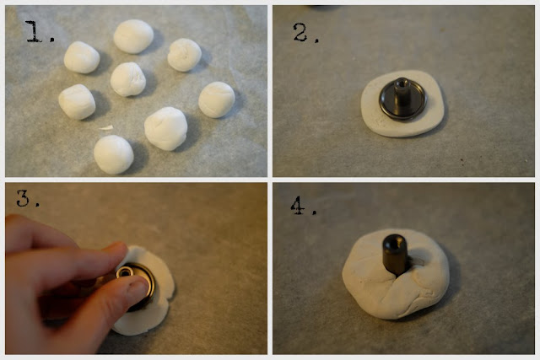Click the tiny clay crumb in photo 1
(x=105, y=128)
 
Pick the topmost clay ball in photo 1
(x=133, y=36)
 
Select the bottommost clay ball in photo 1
(x=113, y=154)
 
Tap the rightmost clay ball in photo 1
(x=217, y=99)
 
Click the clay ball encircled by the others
(x=127, y=78)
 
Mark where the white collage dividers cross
(x=270, y=180)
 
